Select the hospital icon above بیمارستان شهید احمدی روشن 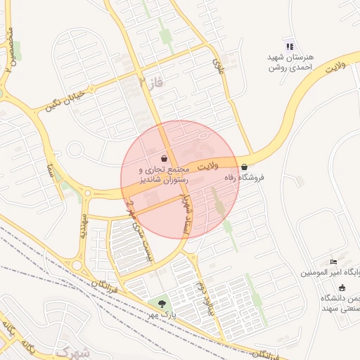click(290, 46)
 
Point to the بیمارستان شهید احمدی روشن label click(290, 63)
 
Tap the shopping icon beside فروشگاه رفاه click(244, 167)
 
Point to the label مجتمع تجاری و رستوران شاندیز click(165, 175)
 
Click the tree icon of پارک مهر click(162, 304)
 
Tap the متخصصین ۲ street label click(9, 49)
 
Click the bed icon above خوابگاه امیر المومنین click(333, 262)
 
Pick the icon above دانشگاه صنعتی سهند click(342, 288)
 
